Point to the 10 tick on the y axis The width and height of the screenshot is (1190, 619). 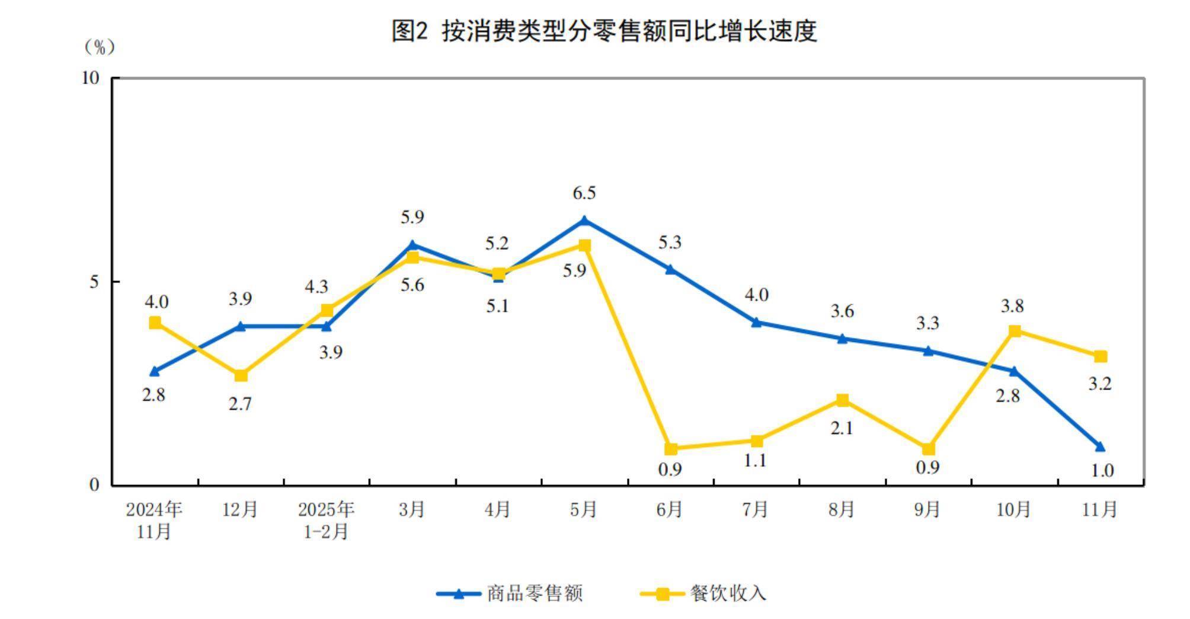coord(91,78)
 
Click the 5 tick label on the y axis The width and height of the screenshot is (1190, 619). coord(95,282)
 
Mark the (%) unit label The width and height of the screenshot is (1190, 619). coord(99,47)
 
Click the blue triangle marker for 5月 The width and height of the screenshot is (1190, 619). coord(584,221)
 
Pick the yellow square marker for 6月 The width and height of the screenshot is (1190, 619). coord(670,449)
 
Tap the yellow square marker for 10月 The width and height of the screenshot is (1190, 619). coord(1015,331)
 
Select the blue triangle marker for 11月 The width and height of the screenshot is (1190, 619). coord(1100,446)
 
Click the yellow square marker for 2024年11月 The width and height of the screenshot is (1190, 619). coord(155,323)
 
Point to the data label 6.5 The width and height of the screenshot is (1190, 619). coord(584,193)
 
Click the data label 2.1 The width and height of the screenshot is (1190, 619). coord(842,428)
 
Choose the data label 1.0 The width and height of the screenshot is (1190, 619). coord(1102,471)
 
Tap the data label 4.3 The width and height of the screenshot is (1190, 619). coord(316,287)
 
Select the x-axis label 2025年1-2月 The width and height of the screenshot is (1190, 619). coord(326,520)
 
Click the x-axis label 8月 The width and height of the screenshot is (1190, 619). coord(842,509)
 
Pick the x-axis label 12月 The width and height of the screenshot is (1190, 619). coord(240,509)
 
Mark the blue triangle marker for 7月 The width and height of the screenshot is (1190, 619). coord(756,323)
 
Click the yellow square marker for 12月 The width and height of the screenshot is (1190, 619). coord(241,375)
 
